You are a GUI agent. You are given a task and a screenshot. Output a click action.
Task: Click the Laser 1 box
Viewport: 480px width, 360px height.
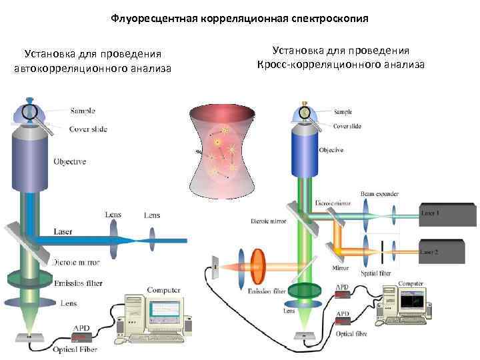pos(447,213)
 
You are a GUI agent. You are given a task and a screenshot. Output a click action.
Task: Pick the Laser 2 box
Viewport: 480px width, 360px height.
pos(447,250)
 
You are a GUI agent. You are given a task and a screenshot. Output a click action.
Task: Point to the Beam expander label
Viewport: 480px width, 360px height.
pos(379,194)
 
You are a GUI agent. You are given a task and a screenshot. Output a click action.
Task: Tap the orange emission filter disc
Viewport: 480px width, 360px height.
pos(257,269)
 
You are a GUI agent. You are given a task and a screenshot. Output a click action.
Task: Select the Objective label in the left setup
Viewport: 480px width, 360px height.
pos(70,162)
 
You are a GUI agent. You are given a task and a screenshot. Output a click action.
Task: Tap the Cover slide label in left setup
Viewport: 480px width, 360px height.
pos(88,129)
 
